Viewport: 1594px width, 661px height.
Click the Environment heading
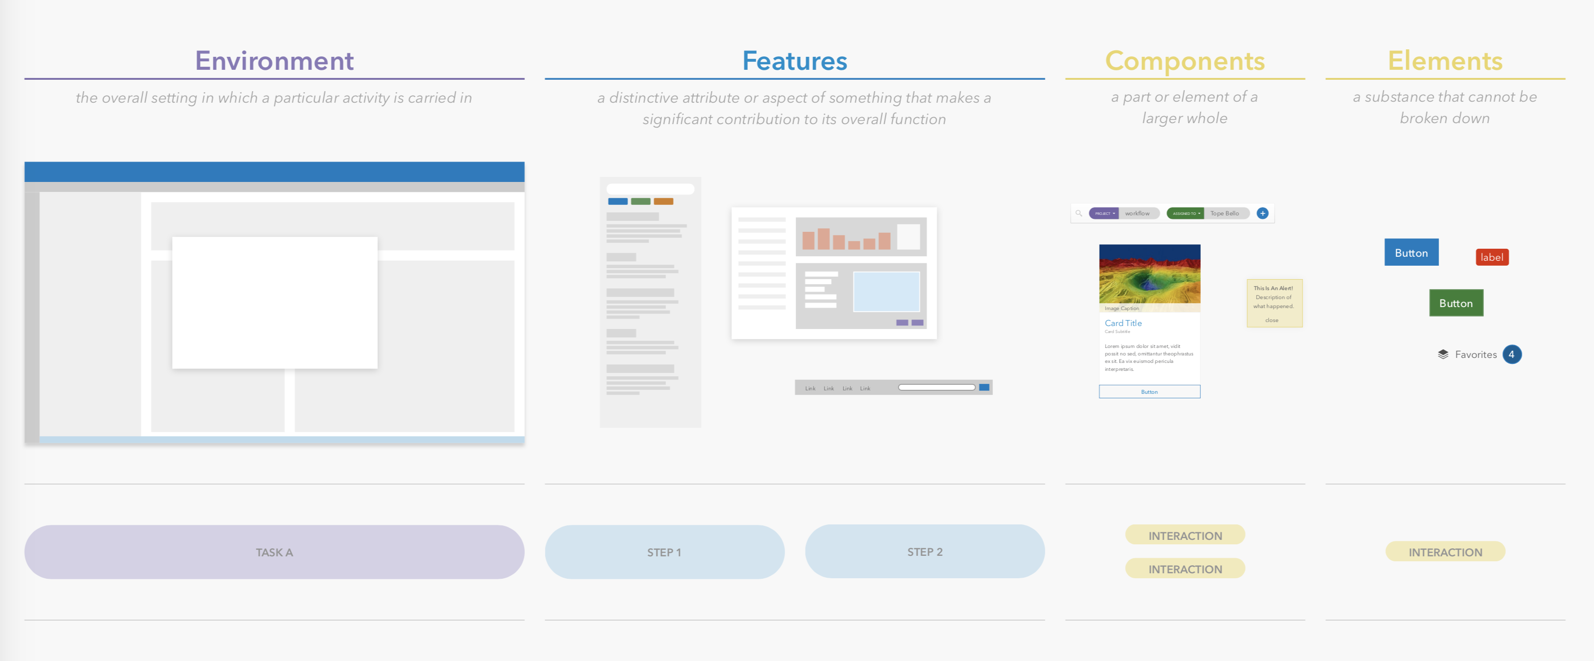click(274, 61)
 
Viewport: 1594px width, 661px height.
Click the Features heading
click(794, 61)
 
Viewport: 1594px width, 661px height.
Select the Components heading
click(1184, 61)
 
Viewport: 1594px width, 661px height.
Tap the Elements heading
click(1444, 61)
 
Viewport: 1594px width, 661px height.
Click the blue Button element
click(1411, 253)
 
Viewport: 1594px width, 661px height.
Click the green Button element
click(1455, 303)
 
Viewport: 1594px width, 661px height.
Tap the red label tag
click(1491, 257)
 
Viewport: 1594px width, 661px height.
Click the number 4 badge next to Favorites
click(1511, 354)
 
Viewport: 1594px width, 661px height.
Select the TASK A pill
click(274, 552)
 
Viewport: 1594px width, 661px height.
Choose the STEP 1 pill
click(664, 552)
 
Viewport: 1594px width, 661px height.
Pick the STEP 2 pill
click(925, 551)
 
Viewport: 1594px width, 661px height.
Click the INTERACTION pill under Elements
click(1445, 552)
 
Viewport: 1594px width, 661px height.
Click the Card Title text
click(1123, 323)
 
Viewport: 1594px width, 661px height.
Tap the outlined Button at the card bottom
click(1149, 392)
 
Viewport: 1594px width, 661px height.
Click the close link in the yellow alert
click(1272, 320)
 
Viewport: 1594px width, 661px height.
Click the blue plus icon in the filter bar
click(1263, 213)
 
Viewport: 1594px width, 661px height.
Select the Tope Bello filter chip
click(1224, 213)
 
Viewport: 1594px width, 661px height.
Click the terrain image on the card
click(1149, 274)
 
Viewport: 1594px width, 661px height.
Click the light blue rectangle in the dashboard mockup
click(886, 292)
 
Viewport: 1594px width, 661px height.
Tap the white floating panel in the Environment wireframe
click(274, 303)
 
